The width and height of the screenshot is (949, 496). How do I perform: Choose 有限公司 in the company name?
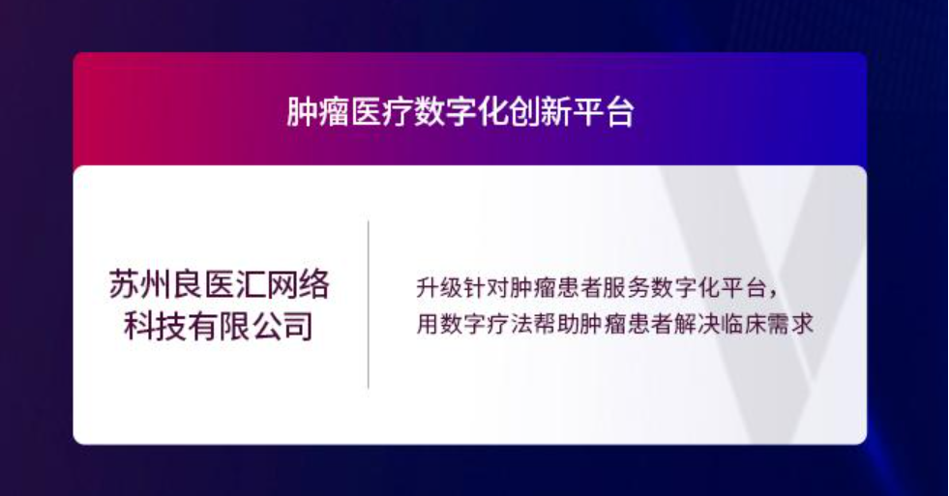coord(251,326)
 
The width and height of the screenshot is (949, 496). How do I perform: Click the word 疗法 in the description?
coord(511,324)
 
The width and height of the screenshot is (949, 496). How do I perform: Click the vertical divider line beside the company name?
coord(369,305)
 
